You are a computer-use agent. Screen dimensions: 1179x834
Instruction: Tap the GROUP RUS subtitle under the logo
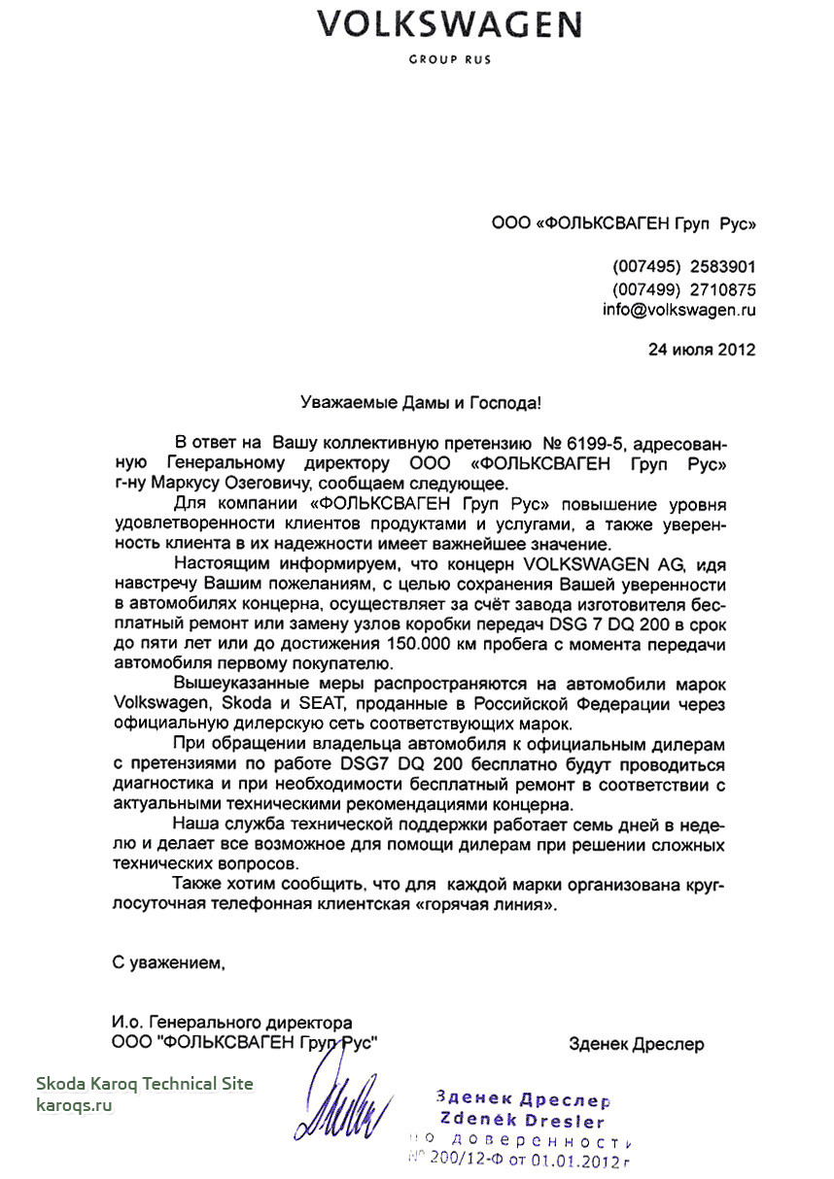[449, 59]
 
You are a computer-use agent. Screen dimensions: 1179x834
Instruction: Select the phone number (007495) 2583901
[684, 267]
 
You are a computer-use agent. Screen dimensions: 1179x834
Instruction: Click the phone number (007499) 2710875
[684, 289]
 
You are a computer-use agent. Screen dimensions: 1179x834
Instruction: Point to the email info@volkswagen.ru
[679, 311]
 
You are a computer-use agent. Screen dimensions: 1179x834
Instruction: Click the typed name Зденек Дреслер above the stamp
[637, 1045]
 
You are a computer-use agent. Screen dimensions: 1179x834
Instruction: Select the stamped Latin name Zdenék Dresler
[523, 1121]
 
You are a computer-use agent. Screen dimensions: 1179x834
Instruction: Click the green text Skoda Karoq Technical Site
[145, 1083]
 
